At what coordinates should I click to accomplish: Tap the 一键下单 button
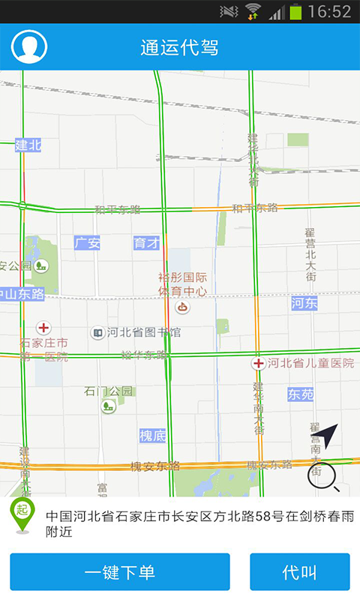point(120,572)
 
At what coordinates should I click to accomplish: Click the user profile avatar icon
point(29,46)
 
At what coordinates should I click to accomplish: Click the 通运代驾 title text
point(179,47)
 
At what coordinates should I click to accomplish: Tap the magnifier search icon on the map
point(323,475)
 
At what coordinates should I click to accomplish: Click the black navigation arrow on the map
point(327,436)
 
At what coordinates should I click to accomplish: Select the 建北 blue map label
point(28,145)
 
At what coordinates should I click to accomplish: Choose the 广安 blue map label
point(87,243)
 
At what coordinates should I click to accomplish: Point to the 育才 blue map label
point(146,243)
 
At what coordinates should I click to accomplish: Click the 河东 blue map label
point(304,303)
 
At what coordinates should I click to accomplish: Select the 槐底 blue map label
point(152,436)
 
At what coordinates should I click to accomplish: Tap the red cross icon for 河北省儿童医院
point(258,364)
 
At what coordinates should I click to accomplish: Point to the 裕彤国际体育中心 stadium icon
point(181,307)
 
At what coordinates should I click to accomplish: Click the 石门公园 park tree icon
point(108,406)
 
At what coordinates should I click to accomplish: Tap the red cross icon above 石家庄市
point(44,328)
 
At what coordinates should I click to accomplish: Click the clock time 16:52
point(329,11)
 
